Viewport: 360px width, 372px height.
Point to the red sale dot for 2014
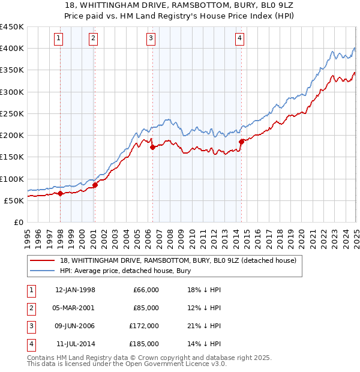pos(241,142)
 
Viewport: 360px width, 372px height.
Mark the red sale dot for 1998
pos(61,193)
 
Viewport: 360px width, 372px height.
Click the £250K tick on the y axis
pos(12,113)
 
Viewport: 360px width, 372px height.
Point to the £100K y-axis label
pos(12,179)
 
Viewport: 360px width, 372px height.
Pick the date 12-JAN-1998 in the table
pos(75,290)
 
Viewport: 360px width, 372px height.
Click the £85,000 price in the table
pos(146,308)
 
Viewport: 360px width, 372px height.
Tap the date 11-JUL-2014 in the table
pos(75,344)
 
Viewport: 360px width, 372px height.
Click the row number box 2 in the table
pos(31,308)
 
